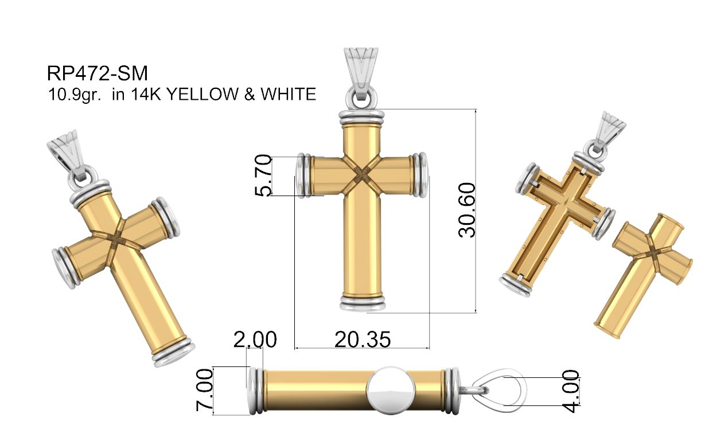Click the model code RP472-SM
98,73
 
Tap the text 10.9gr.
75,95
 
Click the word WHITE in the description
288,94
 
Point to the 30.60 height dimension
467,210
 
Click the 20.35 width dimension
363,339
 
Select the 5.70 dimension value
263,175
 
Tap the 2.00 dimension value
255,339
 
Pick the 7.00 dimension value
205,390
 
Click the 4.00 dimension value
571,391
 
